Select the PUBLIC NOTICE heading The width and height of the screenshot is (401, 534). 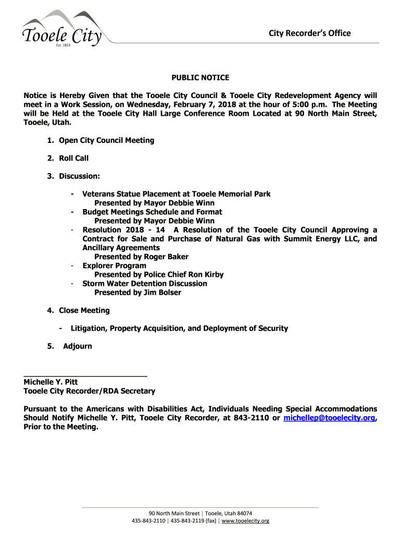point(200,78)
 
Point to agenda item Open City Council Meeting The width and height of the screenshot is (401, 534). point(106,140)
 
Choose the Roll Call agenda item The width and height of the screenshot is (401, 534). point(73,158)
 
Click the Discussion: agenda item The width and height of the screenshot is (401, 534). point(79,176)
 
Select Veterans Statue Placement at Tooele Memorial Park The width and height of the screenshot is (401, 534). point(176,194)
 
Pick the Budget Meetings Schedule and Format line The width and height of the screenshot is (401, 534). point(152,212)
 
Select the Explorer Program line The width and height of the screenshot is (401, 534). point(114,265)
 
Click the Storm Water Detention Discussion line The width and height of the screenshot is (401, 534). point(144,284)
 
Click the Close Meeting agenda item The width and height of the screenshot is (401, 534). point(84,310)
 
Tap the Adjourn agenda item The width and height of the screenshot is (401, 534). point(77,346)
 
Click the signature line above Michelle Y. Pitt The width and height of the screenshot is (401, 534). point(85,375)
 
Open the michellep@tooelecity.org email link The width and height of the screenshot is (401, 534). point(329,418)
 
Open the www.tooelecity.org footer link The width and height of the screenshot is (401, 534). point(245,521)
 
